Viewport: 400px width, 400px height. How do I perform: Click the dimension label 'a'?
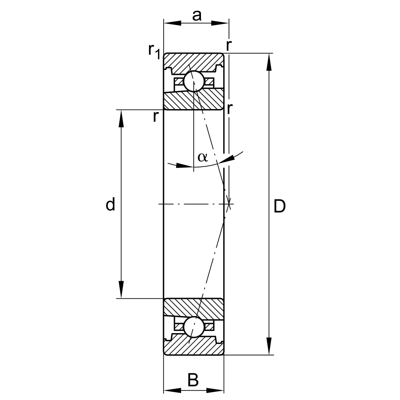point(197,15)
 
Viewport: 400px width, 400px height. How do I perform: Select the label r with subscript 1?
point(154,50)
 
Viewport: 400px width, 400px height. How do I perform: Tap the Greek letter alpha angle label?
point(203,157)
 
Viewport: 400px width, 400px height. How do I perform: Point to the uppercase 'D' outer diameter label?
point(279,206)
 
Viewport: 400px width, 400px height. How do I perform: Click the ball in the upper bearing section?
point(194,81)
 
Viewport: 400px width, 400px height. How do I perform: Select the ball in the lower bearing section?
point(194,327)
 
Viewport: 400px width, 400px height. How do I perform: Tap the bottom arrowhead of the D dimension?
point(269,347)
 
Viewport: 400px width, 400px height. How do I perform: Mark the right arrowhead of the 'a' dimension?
point(221,23)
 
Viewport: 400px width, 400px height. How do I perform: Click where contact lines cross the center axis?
point(229,204)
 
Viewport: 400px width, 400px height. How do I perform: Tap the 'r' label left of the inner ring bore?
point(155,117)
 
